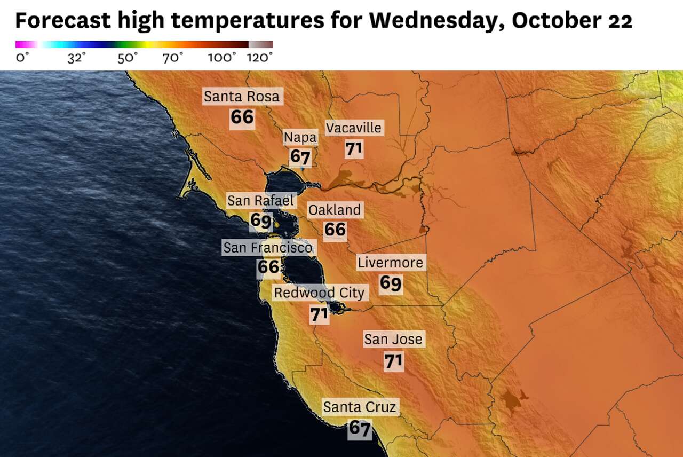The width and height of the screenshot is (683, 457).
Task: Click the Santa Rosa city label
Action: tap(242, 97)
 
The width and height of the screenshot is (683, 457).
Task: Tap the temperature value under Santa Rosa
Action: tap(242, 117)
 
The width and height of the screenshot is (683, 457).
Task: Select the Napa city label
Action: tap(300, 138)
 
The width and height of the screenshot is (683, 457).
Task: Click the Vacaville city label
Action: tap(354, 128)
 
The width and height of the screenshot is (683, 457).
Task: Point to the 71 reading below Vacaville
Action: tap(354, 148)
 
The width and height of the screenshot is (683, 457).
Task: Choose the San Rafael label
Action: tap(260, 201)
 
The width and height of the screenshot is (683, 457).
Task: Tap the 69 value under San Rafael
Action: tap(261, 220)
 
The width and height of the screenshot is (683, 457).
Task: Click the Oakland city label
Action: tap(335, 210)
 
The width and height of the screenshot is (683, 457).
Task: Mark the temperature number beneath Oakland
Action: tap(335, 230)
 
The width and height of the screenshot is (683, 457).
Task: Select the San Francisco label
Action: tap(268, 248)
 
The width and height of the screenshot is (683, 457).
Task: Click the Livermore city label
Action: tap(391, 263)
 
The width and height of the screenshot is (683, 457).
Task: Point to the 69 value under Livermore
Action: tap(391, 283)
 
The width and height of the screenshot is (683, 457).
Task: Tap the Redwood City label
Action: tap(319, 293)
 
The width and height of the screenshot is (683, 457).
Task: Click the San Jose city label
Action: tap(393, 339)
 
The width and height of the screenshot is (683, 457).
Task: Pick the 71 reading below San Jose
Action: tap(393, 361)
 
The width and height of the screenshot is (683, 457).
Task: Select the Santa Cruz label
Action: tap(360, 407)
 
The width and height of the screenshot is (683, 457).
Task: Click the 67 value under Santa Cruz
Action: tap(360, 428)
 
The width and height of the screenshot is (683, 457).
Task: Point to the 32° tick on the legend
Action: tap(76, 58)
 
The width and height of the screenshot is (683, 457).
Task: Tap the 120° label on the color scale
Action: tap(260, 58)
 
